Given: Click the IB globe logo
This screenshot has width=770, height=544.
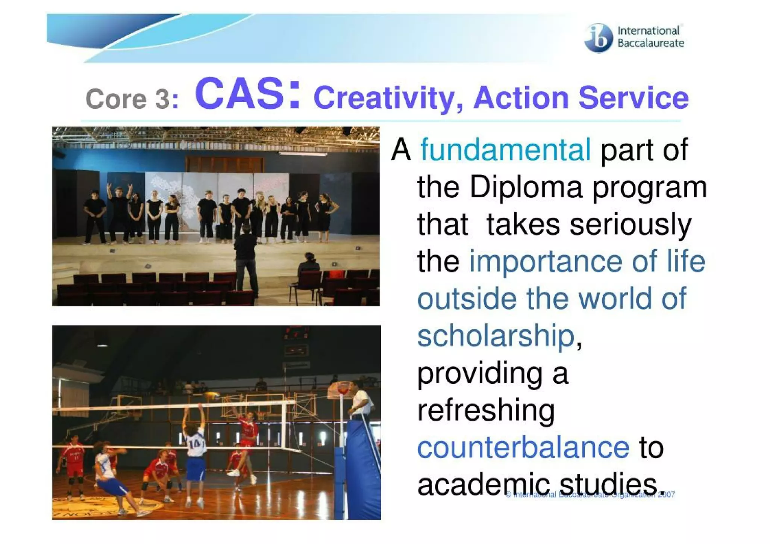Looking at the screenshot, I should (x=598, y=38).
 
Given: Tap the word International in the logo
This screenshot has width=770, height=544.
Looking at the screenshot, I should (x=648, y=30).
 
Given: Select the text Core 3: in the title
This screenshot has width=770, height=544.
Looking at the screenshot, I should (x=132, y=99).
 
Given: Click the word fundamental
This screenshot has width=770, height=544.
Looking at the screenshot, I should (x=505, y=150).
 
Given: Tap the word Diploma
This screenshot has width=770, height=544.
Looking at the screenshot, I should (x=526, y=187).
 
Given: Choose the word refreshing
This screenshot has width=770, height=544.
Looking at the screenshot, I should (x=486, y=411).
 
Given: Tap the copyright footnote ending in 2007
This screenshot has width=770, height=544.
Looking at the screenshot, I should (x=590, y=495).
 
